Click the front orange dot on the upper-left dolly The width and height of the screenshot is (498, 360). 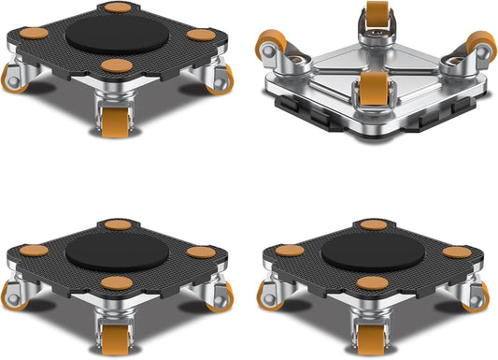[117, 65]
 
